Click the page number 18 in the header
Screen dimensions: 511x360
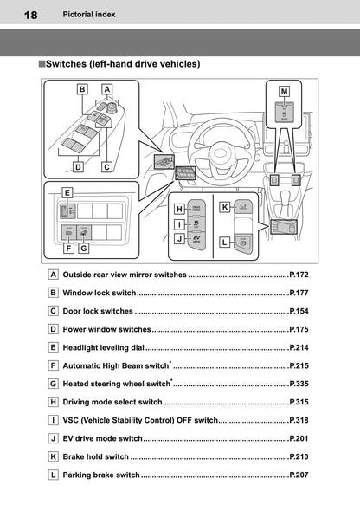[x=30, y=15]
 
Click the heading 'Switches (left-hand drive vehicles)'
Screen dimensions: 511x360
[x=121, y=63]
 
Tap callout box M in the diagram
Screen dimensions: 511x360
[x=285, y=90]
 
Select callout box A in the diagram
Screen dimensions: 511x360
[x=106, y=88]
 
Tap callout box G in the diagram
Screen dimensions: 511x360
[x=83, y=248]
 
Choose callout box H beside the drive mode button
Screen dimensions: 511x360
[x=179, y=208]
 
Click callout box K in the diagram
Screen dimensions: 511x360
[x=224, y=207]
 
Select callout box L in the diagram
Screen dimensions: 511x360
[x=224, y=243]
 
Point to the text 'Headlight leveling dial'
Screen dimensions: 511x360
[x=108, y=347]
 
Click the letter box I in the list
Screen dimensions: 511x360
[x=55, y=420]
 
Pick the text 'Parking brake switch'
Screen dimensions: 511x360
[x=101, y=475]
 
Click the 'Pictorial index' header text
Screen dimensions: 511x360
[x=89, y=15]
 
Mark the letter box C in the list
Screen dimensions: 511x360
[x=55, y=311]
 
